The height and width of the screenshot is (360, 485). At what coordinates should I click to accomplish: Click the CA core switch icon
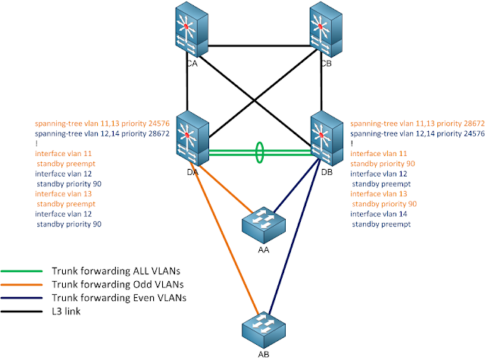(191, 31)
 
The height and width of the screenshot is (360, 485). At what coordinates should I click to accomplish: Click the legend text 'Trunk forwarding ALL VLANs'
(107, 271)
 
